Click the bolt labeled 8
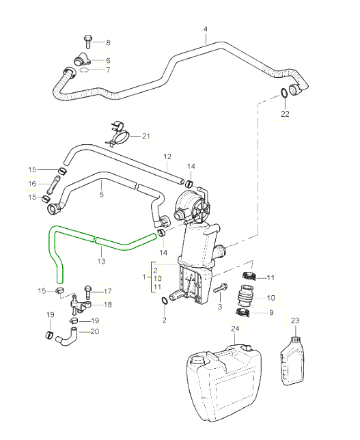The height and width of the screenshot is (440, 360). click(x=87, y=42)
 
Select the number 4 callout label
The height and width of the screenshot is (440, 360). click(x=206, y=29)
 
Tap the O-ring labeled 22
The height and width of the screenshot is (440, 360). click(x=283, y=93)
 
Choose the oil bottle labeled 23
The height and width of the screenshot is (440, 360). click(x=292, y=360)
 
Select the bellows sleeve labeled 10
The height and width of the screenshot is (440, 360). click(x=245, y=296)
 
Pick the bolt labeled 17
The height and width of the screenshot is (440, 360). click(x=88, y=292)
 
